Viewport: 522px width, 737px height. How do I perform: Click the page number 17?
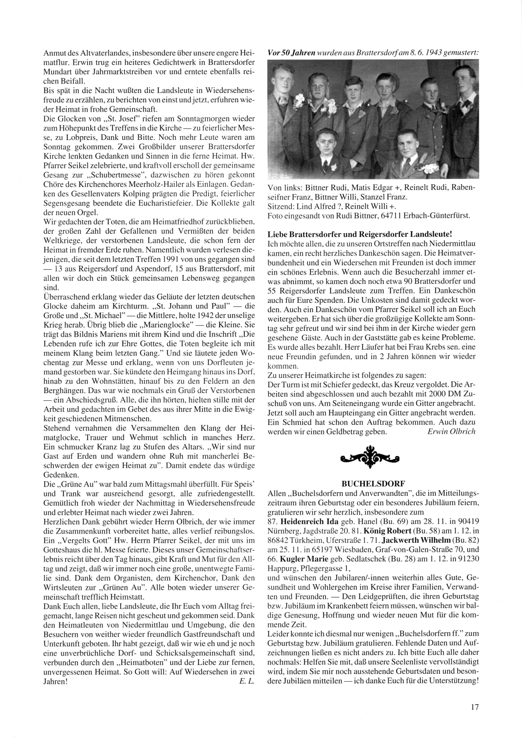click(x=474, y=708)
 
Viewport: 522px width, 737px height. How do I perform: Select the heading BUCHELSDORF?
click(x=373, y=484)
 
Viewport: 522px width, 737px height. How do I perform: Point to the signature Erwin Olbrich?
click(x=451, y=432)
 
